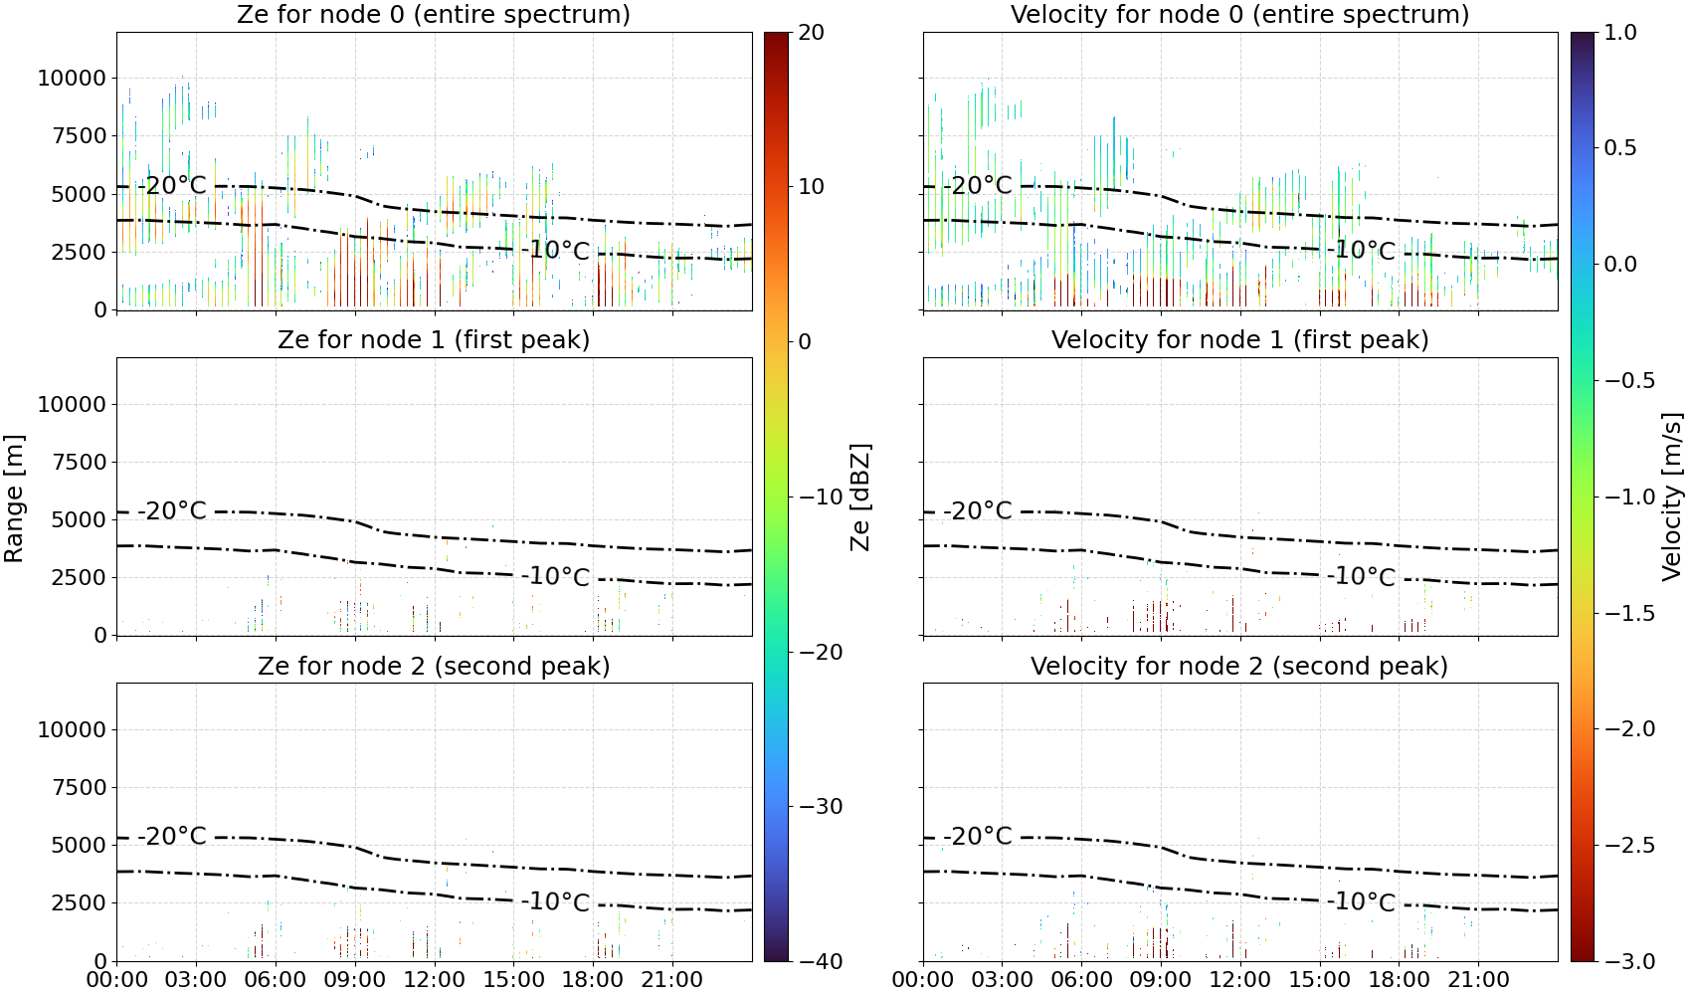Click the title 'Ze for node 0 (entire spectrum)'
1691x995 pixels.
click(x=434, y=14)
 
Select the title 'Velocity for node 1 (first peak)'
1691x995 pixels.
click(x=1239, y=339)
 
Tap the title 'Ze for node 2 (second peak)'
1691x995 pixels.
click(x=434, y=666)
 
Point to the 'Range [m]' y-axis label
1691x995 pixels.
click(x=14, y=497)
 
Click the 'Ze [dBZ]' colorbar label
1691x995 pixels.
click(x=860, y=497)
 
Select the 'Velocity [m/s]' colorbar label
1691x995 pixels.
click(x=1673, y=497)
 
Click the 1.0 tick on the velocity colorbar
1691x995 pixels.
click(x=1620, y=33)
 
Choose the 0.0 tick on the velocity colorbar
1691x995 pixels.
click(x=1620, y=265)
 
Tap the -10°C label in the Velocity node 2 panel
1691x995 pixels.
click(x=1361, y=902)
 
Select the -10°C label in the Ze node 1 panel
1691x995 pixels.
click(x=555, y=577)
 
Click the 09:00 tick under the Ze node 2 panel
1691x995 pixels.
click(x=355, y=980)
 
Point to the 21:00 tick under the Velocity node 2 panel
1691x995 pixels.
click(x=1478, y=980)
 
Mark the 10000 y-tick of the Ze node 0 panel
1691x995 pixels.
click(x=73, y=78)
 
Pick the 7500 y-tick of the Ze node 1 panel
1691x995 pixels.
click(x=80, y=462)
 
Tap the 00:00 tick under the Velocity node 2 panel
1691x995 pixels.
click(x=923, y=980)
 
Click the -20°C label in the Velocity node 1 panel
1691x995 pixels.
click(x=978, y=511)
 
